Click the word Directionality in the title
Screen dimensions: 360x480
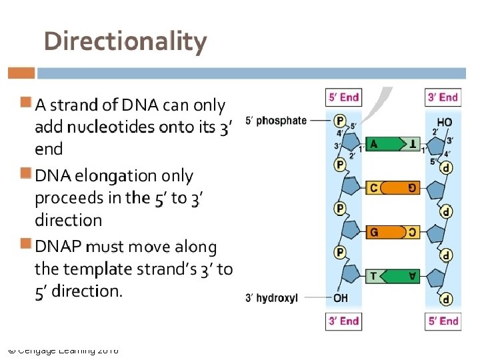125,41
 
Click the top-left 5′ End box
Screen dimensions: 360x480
343,97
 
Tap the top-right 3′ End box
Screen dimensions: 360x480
443,97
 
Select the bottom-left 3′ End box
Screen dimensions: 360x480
343,321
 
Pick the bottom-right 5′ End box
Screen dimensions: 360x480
443,321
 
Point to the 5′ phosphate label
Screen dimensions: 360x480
276,121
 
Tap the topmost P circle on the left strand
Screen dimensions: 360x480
340,121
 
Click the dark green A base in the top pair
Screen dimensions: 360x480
382,143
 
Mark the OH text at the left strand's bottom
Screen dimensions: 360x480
341,298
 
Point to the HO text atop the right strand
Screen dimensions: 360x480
444,122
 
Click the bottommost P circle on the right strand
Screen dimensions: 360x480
446,299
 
